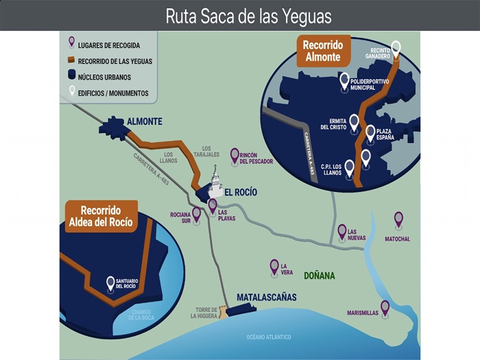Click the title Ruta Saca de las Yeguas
pyautogui.click(x=248, y=16)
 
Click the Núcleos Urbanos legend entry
pyautogui.click(x=103, y=77)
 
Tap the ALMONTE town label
pyautogui.click(x=144, y=121)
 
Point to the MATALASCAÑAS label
pyautogui.click(x=266, y=298)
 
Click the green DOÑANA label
pyautogui.click(x=320, y=276)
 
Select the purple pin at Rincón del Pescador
pyautogui.click(x=235, y=154)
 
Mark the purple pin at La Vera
pyautogui.click(x=274, y=265)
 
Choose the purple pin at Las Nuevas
pyautogui.click(x=341, y=230)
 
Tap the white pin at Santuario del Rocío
pyautogui.click(x=110, y=282)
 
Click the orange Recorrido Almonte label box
pyautogui.click(x=322, y=51)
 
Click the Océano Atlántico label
pyautogui.click(x=269, y=337)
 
